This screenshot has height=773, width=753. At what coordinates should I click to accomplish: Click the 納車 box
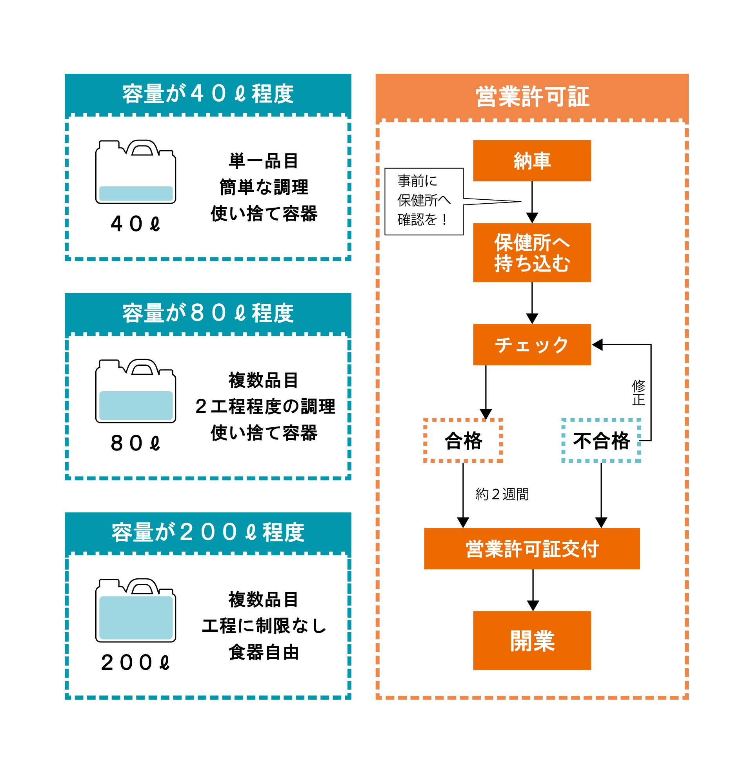(532, 160)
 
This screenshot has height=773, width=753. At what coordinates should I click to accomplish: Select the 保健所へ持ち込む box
(532, 252)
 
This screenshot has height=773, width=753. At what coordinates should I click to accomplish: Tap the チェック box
(532, 345)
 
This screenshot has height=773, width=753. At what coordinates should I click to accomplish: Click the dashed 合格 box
(463, 440)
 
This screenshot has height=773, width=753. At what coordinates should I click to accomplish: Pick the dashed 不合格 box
(601, 440)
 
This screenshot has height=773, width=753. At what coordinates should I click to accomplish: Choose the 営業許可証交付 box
(532, 549)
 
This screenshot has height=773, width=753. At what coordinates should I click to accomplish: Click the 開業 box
(532, 640)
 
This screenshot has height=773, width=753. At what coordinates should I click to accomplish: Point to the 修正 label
(638, 392)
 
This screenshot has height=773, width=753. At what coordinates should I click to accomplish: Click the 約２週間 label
(502, 494)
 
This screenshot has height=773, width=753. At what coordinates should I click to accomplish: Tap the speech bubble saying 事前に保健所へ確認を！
(424, 201)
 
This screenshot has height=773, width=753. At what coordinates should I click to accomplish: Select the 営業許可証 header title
(532, 97)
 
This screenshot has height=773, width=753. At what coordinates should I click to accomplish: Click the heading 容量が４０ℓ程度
(208, 94)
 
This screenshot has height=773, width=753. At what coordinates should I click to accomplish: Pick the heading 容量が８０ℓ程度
(208, 313)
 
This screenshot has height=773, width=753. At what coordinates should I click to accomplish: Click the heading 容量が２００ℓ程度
(208, 532)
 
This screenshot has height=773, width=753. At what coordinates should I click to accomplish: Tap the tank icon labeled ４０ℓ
(136, 173)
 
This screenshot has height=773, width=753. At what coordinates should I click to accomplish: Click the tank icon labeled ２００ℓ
(136, 611)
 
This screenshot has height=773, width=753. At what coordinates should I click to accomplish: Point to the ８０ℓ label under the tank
(136, 443)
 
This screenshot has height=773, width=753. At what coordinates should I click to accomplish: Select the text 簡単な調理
(264, 187)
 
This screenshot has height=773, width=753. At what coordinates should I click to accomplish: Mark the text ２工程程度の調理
(265, 406)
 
